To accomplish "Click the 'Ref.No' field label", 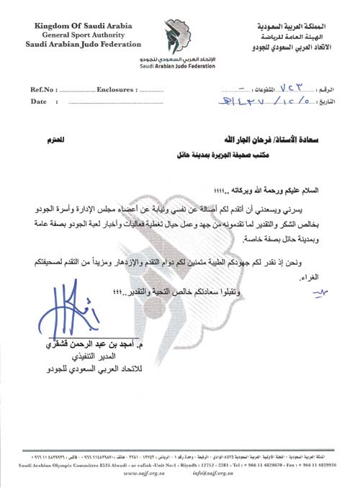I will [x=41, y=90].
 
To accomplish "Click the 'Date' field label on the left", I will [x=38, y=102].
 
